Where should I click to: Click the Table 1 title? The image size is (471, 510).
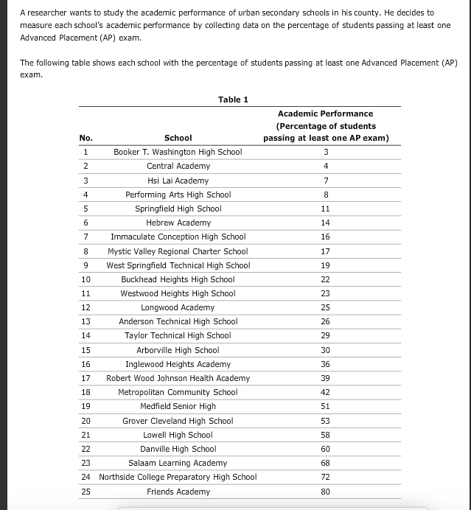[233, 99]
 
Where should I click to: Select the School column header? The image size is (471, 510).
[178, 138]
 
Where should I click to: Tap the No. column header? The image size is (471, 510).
[86, 138]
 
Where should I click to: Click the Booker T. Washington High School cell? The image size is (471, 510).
[178, 153]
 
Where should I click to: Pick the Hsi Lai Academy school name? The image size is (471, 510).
[178, 181]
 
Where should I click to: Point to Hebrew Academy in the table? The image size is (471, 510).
[178, 223]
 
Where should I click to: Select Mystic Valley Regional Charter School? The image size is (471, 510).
[178, 251]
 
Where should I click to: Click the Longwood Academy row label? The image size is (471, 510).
[178, 307]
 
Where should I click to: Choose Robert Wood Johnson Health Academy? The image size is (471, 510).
[178, 378]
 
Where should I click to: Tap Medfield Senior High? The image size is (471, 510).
[178, 406]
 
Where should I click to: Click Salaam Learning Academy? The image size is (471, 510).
[178, 463]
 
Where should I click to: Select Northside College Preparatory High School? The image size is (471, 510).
[178, 477]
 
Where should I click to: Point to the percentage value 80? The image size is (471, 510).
[326, 492]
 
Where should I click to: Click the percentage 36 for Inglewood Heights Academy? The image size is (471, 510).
[326, 364]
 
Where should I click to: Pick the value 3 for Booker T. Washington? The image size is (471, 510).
[326, 153]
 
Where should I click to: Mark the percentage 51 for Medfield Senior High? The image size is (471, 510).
[326, 406]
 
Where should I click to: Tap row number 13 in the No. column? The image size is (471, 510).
[86, 321]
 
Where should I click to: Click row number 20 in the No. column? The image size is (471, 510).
[86, 421]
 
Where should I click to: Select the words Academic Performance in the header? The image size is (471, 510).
[325, 113]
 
